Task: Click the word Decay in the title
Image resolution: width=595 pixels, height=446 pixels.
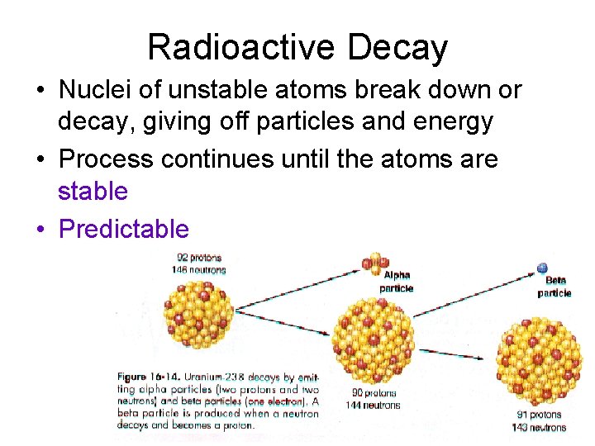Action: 397,48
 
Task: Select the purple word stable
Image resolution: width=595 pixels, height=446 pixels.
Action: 93,192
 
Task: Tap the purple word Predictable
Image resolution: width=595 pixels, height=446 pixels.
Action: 124,229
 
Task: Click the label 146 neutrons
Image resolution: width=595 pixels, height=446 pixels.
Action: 201,269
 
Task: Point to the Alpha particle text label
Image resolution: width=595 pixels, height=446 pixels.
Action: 397,282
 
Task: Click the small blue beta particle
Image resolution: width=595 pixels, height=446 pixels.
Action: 542,268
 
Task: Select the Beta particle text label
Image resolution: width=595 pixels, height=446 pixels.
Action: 555,287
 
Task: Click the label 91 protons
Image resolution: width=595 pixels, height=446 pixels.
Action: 540,415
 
